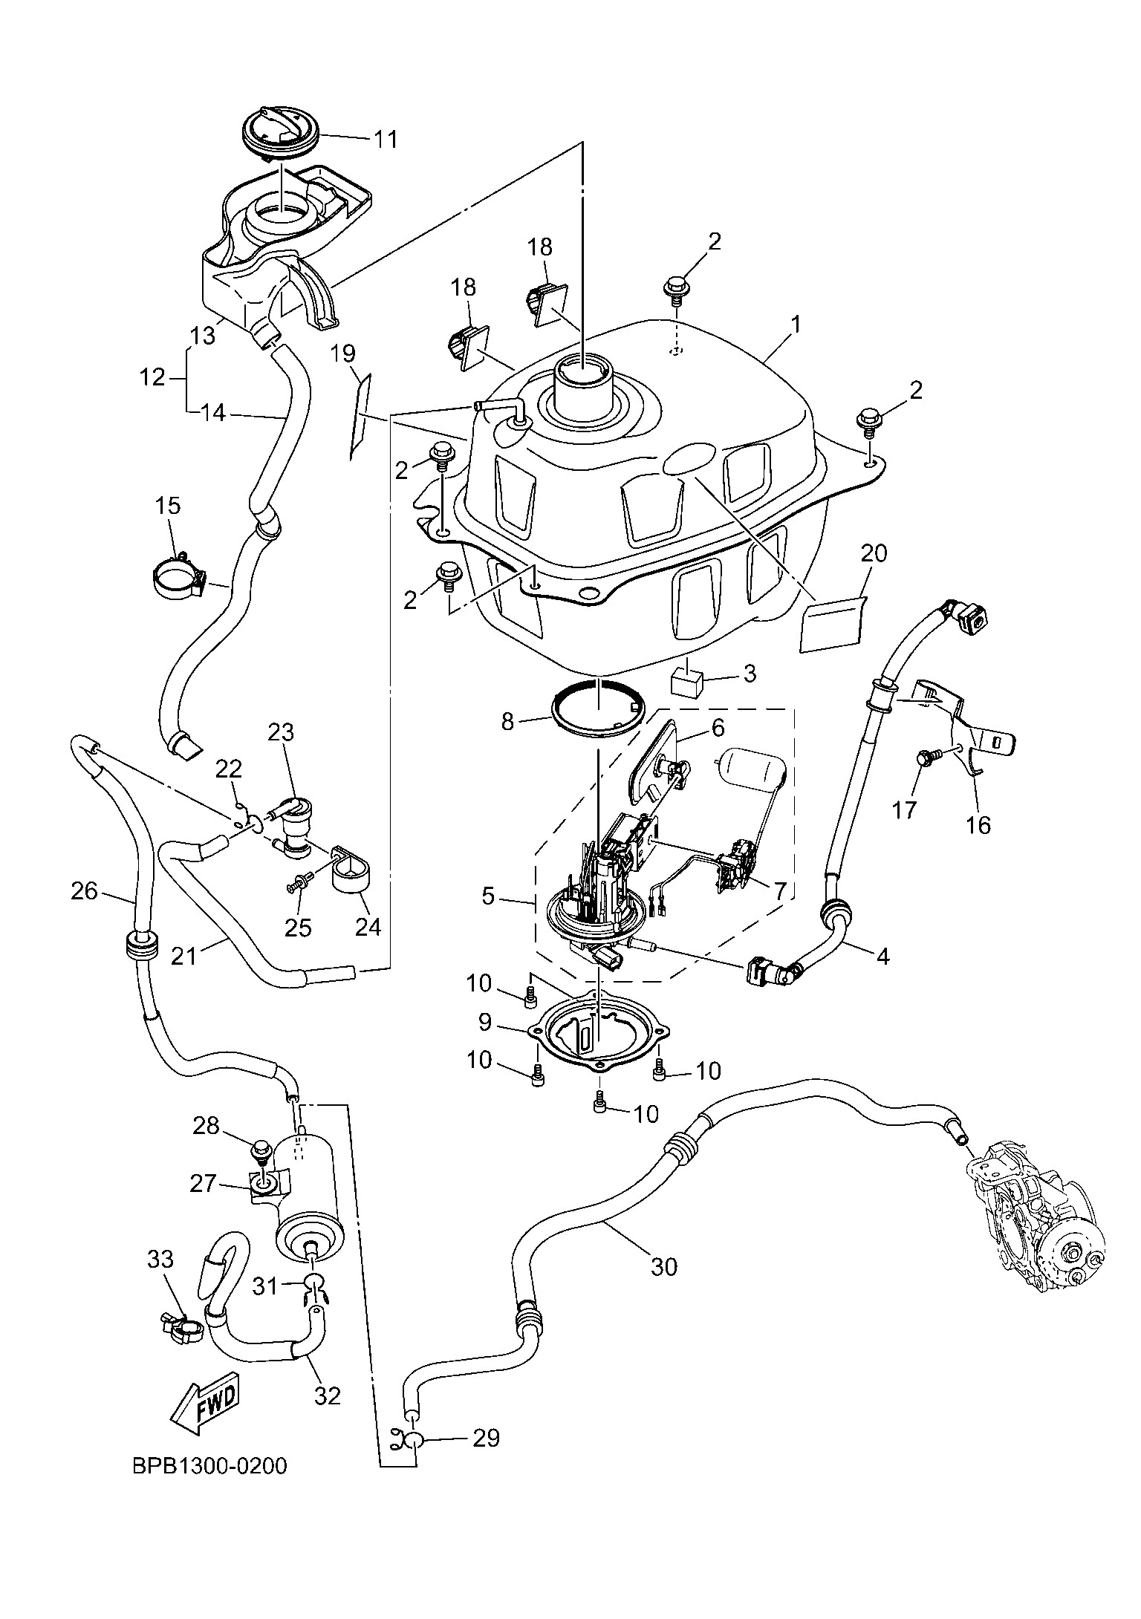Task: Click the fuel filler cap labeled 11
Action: [281, 134]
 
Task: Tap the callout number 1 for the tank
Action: [796, 325]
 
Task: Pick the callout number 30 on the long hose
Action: [664, 1266]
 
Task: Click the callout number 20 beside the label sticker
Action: [874, 553]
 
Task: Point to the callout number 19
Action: [342, 353]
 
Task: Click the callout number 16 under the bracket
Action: [979, 824]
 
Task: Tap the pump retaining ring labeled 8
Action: [599, 708]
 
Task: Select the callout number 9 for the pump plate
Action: [484, 1023]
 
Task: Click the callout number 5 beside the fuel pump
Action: [487, 896]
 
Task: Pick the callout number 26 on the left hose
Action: [85, 890]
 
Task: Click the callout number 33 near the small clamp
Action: [160, 1260]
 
